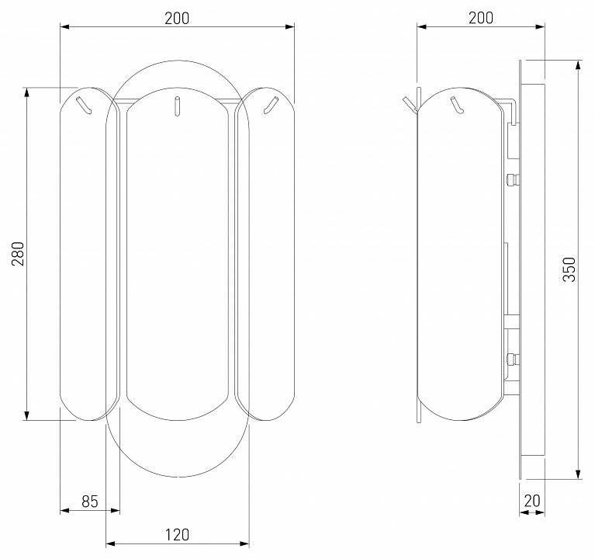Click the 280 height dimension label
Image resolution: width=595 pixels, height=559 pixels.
click(x=18, y=253)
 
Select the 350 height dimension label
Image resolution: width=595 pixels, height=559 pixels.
click(x=569, y=269)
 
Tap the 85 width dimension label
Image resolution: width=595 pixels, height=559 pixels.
click(x=90, y=502)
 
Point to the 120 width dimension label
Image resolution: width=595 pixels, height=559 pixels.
click(x=177, y=535)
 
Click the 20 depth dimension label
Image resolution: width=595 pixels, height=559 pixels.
click(x=532, y=501)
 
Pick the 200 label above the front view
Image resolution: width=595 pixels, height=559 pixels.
click(x=177, y=18)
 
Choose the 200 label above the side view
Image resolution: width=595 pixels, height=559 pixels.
click(x=481, y=18)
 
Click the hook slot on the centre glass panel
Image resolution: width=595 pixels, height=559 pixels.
click(x=177, y=106)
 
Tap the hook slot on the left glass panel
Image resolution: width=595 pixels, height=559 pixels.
click(x=85, y=105)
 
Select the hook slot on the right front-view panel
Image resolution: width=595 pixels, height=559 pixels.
click(x=271, y=105)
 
